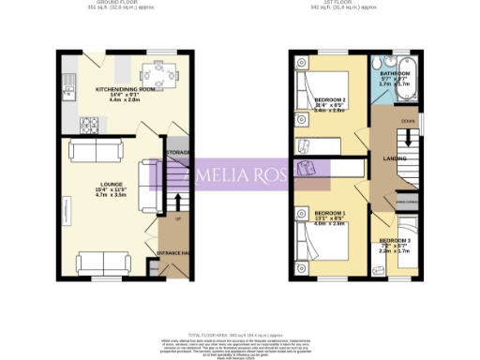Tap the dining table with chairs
tap(156, 72)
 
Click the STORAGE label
tap(178, 152)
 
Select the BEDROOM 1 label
tap(330, 214)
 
